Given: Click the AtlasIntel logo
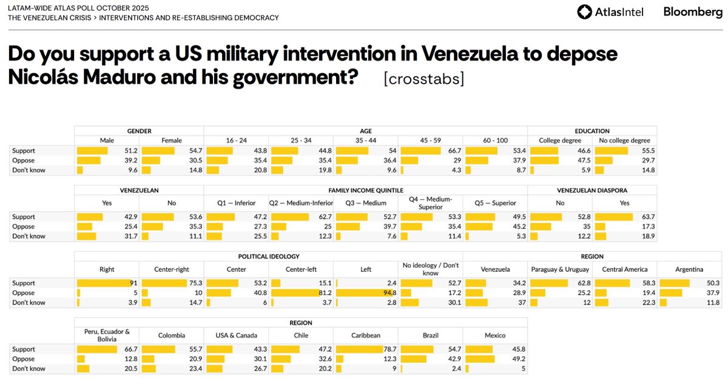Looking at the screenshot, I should pos(610,12).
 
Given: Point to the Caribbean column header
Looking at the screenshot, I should pos(366,335).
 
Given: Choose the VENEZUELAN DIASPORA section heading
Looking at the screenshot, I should pos(591,190).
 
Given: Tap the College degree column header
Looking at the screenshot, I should pos(560,141).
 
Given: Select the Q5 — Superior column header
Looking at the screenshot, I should pos(495,203).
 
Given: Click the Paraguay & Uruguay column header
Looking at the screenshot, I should pos(561,269).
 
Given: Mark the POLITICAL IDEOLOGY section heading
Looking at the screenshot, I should pos(268,256).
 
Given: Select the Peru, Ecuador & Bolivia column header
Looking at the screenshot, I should pos(106,334).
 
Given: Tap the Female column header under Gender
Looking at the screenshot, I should pos(172,141).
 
